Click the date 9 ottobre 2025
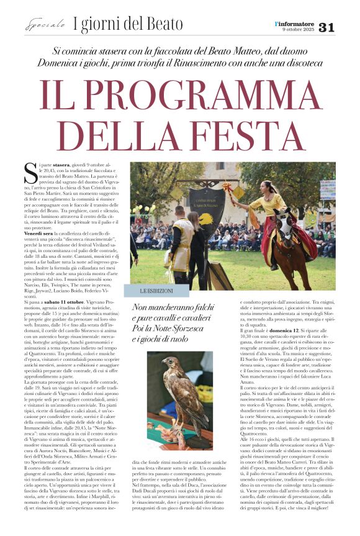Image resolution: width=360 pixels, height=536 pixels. (x=298, y=30)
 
